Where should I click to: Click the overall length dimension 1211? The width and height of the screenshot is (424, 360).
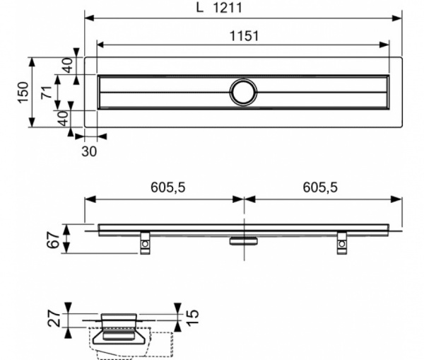(228, 8)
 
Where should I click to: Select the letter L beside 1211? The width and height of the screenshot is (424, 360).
(199, 8)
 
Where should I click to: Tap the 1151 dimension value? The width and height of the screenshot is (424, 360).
(244, 36)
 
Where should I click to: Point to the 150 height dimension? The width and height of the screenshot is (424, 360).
(23, 92)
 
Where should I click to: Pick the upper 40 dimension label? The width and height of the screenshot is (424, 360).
(68, 66)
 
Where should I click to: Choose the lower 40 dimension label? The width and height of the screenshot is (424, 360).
(64, 119)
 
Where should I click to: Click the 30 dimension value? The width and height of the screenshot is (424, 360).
(89, 151)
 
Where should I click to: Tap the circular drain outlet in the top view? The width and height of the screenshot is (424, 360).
(243, 92)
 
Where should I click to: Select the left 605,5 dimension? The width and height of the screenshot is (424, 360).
(168, 187)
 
